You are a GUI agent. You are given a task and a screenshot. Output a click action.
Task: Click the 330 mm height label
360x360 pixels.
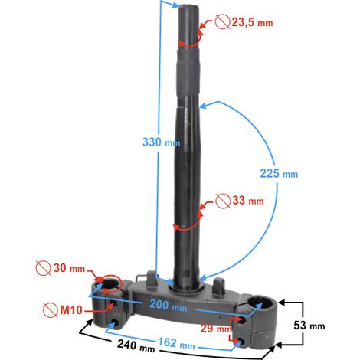tap(161, 142)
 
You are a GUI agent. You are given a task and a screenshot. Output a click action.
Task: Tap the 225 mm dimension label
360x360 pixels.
tap(279, 174)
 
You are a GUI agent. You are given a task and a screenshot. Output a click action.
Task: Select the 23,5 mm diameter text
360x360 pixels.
tap(252, 22)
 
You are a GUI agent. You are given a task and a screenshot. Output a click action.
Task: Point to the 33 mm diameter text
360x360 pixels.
tap(248, 201)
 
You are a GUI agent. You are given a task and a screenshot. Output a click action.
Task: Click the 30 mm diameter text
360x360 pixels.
tap(69, 268)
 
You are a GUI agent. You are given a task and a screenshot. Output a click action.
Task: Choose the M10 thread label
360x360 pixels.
tap(71, 310)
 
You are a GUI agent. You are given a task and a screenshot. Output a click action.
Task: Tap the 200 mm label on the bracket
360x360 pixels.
tap(169, 305)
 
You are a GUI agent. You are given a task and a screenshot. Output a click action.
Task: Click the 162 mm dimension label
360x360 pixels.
tap(176, 343)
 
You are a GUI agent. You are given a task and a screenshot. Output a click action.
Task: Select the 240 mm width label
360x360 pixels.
tap(136, 346)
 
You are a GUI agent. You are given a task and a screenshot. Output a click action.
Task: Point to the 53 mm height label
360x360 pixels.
tap(309, 326)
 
